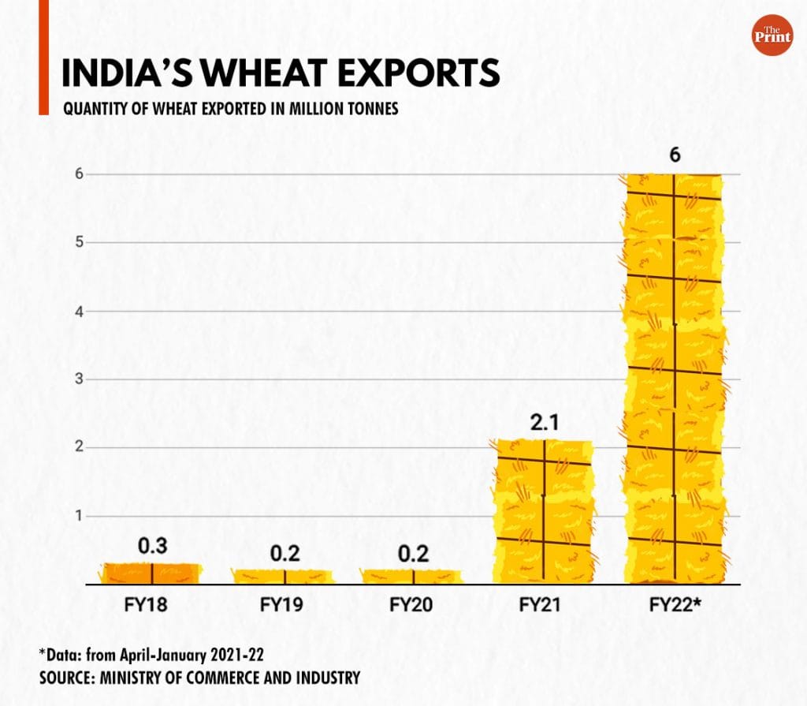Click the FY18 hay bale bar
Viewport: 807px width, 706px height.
(x=151, y=573)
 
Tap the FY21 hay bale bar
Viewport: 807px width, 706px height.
(x=544, y=512)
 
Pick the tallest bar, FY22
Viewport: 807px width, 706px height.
(x=674, y=379)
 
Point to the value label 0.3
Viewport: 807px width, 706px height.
(x=151, y=547)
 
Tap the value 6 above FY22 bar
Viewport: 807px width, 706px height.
(x=675, y=155)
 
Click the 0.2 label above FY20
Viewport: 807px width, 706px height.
(x=413, y=554)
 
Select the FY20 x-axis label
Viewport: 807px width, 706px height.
(x=413, y=606)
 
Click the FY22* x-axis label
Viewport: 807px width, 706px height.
(x=675, y=606)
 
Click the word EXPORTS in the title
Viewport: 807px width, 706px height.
(x=415, y=73)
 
